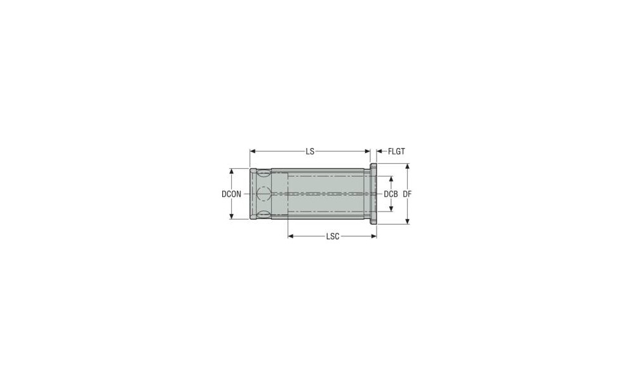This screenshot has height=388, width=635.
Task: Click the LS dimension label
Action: coord(310,152)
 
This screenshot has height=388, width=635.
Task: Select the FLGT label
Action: coord(396,152)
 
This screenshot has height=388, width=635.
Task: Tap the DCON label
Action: coord(231,194)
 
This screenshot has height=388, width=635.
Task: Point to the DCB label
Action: coord(391,194)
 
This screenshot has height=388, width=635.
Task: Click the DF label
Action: coord(407,194)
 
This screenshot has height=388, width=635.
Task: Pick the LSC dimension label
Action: coord(333,236)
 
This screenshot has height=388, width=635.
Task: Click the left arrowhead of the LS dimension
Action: coord(252,152)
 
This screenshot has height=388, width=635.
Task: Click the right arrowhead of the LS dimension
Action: coord(367,152)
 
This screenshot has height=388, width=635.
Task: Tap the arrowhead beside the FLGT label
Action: coord(380,152)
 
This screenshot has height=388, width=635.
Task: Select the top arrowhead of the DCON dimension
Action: coord(232,171)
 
